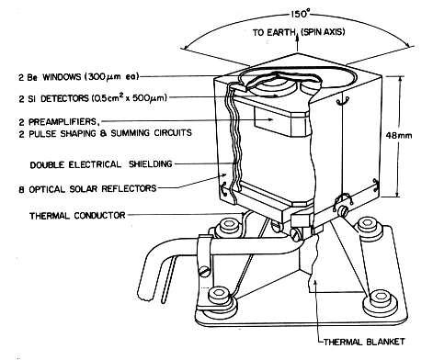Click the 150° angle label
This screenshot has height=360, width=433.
pyautogui.click(x=300, y=14)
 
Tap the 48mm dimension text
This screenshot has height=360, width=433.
pyautogui.click(x=399, y=136)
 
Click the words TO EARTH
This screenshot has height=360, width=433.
pyautogui.click(x=274, y=32)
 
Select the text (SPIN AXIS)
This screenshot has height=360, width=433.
pyautogui.click(x=323, y=32)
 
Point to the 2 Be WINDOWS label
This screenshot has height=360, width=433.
pyautogui.click(x=79, y=77)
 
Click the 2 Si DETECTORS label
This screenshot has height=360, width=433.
pyautogui.click(x=93, y=98)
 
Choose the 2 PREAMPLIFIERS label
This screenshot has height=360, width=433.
pyautogui.click(x=59, y=122)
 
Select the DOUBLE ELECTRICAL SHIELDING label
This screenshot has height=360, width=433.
pyautogui.click(x=101, y=164)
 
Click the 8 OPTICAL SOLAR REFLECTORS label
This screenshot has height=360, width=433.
pyautogui.click(x=87, y=189)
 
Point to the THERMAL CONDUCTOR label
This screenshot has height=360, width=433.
pyautogui.click(x=77, y=216)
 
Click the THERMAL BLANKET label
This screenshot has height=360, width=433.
pyautogui.click(x=364, y=342)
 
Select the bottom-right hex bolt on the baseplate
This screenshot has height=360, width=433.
pyautogui.click(x=380, y=299)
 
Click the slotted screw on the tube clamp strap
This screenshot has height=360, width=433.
pyautogui.click(x=205, y=271)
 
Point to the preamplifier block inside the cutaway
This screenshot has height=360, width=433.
pyautogui.click(x=280, y=122)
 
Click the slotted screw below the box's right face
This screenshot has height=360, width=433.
pyautogui.click(x=343, y=211)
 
